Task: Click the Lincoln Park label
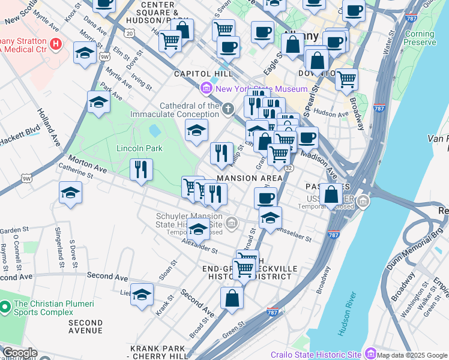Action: [139, 148]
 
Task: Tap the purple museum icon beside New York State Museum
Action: [207, 89]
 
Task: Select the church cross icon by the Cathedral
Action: [228, 109]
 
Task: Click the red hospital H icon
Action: [56, 43]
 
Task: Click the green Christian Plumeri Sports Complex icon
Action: [5, 308]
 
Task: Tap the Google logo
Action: [19, 353]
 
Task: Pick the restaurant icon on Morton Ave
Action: [141, 169]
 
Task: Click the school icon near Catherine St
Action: [71, 193]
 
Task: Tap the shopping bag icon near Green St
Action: [232, 298]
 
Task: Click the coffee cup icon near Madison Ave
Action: [307, 137]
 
